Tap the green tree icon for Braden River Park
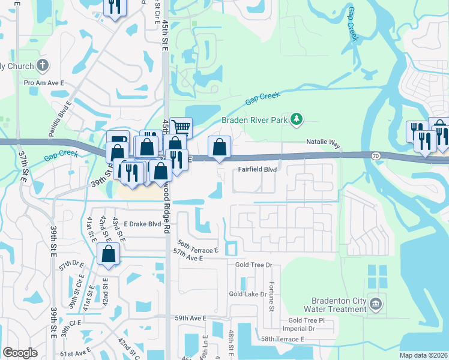296,119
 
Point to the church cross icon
43,65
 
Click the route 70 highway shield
376,156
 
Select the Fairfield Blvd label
258,170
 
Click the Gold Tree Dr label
254,264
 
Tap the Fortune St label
271,297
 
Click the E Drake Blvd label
143,224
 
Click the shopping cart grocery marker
181,127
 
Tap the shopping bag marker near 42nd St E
108,254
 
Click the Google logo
20,353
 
